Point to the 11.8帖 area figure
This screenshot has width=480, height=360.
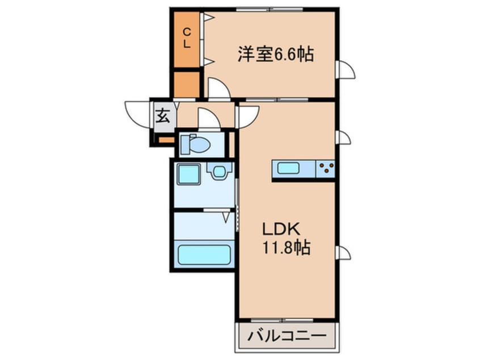[x=286, y=248]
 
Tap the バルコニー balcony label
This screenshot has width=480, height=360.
[x=287, y=337]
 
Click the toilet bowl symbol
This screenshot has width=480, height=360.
[x=196, y=145]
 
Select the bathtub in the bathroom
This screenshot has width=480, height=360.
[x=204, y=254]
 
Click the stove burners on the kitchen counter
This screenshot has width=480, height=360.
[x=326, y=169]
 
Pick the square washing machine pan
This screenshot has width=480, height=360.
[x=188, y=173]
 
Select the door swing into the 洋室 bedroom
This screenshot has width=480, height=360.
[x=218, y=90]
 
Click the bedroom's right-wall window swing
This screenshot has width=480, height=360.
[x=346, y=70]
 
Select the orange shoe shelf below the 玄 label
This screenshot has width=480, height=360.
[x=165, y=139]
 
